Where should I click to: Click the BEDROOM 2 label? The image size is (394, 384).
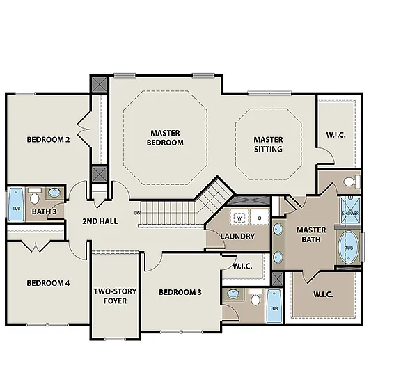click(48, 139)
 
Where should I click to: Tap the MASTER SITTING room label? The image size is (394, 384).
click(268, 144)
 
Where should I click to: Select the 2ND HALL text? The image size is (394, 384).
click(100, 221)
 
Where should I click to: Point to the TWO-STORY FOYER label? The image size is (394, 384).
click(115, 296)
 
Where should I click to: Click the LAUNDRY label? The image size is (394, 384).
click(237, 236)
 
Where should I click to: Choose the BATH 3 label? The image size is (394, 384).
click(44, 211)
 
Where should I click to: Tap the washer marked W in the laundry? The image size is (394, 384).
click(239, 218)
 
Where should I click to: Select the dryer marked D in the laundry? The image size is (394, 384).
click(259, 218)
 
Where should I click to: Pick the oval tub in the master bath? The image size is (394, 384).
click(349, 248)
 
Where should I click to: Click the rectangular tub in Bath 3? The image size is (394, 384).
click(15, 203)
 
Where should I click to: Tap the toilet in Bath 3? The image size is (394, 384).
click(54, 194)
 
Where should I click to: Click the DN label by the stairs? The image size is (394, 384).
click(137, 212)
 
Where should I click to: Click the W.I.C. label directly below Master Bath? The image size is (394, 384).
click(323, 294)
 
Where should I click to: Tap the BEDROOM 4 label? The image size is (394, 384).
click(48, 283)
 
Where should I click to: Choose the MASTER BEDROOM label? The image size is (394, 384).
click(165, 138)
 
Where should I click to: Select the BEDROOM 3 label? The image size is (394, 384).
click(180, 291)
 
